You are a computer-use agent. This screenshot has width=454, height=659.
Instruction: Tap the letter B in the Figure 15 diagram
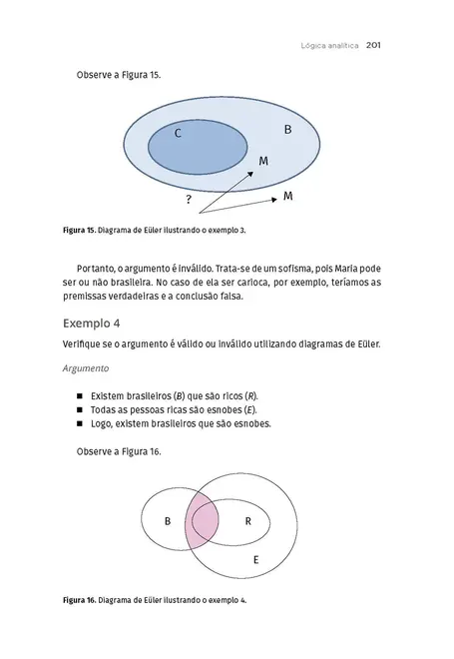pos(288,131)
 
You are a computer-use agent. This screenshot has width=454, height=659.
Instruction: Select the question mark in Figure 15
pos(189,201)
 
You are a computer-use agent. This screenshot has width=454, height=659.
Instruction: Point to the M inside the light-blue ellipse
pos(263,161)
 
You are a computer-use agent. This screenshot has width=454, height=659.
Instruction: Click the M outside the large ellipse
pos(288,196)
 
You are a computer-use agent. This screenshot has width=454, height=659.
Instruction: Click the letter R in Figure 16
pos(247,521)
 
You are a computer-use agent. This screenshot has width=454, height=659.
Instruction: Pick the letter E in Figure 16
pos(256,560)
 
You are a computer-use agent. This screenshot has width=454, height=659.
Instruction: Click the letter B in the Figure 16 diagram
pos(168,522)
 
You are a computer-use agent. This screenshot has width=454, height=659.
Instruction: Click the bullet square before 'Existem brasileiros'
pos(80,396)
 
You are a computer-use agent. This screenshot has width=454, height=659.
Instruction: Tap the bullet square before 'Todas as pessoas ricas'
pos(80,410)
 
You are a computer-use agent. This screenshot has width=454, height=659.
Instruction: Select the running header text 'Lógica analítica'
pos(328,45)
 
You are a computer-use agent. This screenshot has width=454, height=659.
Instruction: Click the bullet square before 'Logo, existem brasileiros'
pos(80,424)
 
